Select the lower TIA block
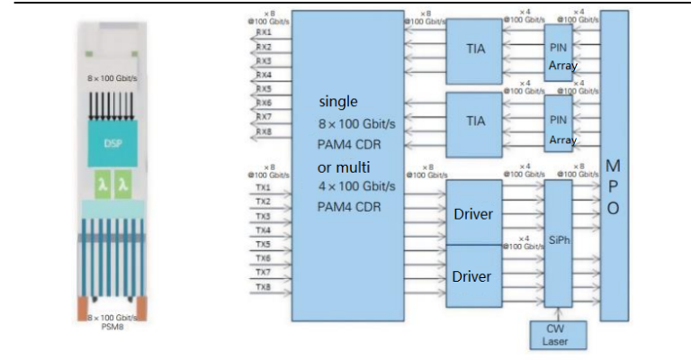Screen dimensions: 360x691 pos(475,119)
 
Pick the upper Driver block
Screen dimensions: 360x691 pos(473,213)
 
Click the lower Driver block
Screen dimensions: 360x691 pos(473,275)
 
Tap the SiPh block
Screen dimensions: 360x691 pos(559,241)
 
